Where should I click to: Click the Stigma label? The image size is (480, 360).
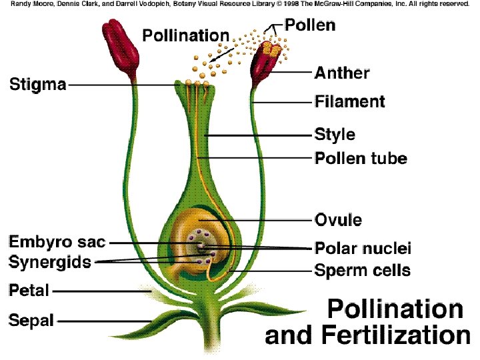click(x=38, y=85)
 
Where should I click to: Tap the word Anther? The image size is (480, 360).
click(x=342, y=72)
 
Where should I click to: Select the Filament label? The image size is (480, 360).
click(x=350, y=102)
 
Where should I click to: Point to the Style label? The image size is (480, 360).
click(x=335, y=135)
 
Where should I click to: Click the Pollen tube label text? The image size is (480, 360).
click(x=361, y=159)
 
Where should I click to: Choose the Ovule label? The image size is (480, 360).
click(x=338, y=219)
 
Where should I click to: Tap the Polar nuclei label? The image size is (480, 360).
click(x=363, y=249)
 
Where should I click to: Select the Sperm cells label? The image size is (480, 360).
click(x=362, y=271)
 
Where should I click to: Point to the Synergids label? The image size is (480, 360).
click(x=50, y=262)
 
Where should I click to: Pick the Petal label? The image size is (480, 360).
click(x=29, y=291)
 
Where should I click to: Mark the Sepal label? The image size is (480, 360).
click(x=31, y=321)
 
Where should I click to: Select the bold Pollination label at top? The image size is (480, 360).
click(x=186, y=35)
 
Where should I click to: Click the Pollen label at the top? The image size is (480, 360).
click(x=310, y=25)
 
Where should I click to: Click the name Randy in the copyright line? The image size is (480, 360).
click(x=20, y=4)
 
